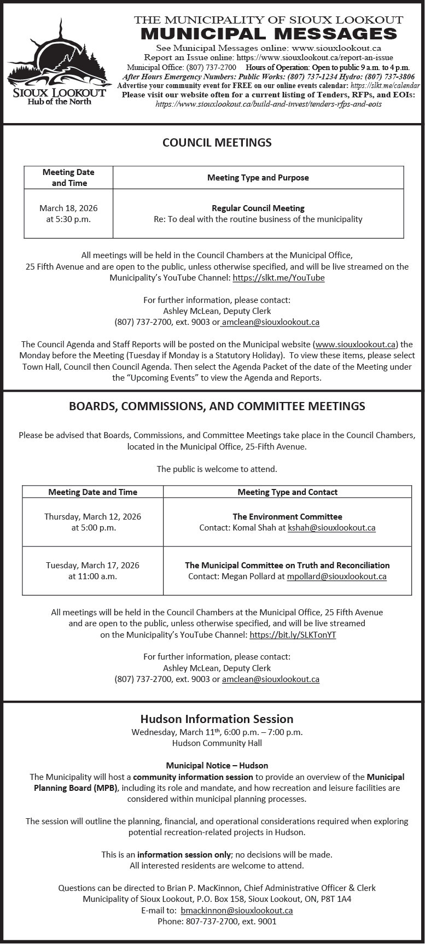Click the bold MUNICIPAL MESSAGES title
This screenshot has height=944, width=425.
coord(269,33)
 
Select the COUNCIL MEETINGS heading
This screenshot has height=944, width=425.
coord(217,142)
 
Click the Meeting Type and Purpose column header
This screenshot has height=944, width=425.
coord(258,178)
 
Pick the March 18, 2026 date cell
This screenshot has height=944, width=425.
coord(68,213)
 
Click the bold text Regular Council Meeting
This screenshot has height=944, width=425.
coord(258,208)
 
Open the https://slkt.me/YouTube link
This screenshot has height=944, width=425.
coord(278,278)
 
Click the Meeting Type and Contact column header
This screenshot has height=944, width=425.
coord(287,492)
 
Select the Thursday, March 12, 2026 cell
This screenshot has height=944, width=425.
coord(93,522)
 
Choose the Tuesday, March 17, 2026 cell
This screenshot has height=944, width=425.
coord(92,570)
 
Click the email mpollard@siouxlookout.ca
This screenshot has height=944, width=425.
coord(336,576)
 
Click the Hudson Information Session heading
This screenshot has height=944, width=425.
coord(217,719)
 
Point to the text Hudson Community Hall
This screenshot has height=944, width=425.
coord(217,743)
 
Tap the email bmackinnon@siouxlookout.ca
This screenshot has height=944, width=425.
coord(236,910)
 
